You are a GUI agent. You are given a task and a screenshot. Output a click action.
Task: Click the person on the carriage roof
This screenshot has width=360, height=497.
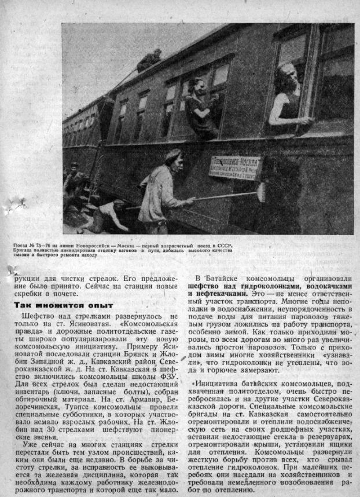click(150, 59)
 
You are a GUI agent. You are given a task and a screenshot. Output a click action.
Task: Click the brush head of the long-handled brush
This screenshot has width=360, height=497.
click(260, 191)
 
